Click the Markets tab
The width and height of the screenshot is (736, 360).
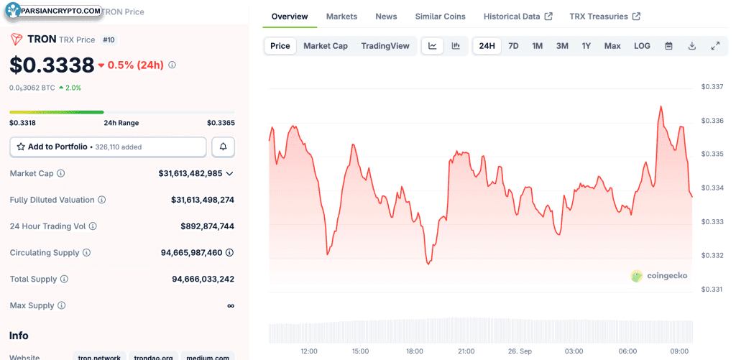coord(341,17)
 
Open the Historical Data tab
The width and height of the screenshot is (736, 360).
coord(517,17)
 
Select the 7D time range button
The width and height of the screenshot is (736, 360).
coord(513,46)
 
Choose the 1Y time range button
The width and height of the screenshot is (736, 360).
coord(586,46)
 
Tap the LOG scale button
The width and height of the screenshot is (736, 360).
coord(642,46)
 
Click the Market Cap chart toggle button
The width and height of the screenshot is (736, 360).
coord(326,46)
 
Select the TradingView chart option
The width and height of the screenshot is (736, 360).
coord(385,46)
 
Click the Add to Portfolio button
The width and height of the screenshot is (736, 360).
coord(108,147)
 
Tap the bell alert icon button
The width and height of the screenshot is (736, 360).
coord(224,147)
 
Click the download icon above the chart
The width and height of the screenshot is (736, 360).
coord(691,46)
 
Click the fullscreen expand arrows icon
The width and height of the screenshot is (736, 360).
coord(715,46)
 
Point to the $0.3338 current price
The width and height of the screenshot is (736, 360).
coord(52,65)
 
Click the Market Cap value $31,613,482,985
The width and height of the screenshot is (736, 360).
coord(190,174)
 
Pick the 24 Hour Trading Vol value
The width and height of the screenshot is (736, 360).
coord(208,226)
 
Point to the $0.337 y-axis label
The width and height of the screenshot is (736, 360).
coord(712,87)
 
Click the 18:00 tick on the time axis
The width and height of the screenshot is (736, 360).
coord(414,351)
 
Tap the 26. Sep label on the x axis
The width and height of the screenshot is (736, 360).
coord(521,351)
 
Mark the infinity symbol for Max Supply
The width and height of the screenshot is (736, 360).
coord(231,305)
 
